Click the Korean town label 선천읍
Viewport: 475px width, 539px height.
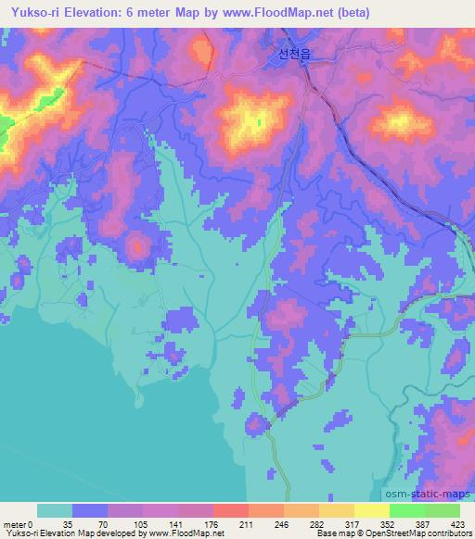click(292, 55)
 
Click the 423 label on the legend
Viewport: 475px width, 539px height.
click(458, 523)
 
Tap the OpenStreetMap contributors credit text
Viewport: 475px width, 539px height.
click(417, 533)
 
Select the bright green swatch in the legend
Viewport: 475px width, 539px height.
click(406, 510)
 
